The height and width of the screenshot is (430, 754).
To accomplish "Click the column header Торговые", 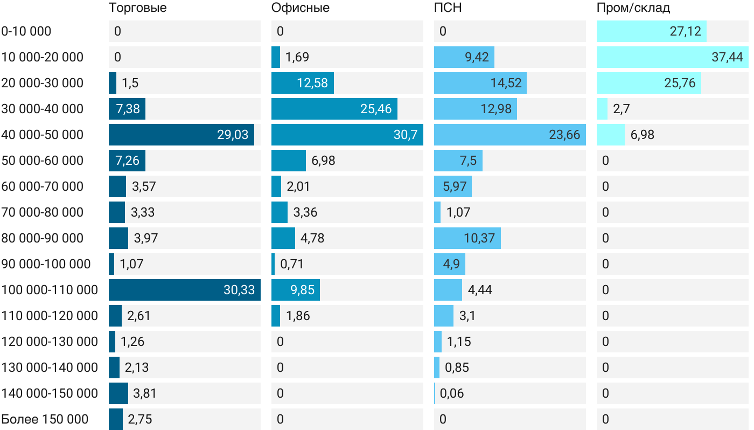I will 137,8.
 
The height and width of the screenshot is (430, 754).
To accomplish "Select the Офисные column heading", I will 300,8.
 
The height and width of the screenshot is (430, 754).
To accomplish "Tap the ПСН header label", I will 448,8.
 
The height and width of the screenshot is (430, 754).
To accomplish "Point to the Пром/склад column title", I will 633,8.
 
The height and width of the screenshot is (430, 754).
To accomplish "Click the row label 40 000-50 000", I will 43,135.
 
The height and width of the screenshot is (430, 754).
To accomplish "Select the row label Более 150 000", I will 45,419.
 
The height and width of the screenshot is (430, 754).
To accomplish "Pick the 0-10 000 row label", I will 26,31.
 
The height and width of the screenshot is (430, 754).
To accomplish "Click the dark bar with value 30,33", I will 184,290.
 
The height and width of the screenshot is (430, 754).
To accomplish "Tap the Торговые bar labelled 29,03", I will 181,135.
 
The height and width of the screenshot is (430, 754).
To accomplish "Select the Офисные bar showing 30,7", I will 347,135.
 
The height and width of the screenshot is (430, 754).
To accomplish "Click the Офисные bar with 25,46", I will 334,109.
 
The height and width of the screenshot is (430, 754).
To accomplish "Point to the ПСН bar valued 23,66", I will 509,135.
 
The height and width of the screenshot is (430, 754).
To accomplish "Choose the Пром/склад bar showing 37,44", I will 672,57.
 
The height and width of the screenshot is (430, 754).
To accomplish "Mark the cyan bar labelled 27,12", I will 651,31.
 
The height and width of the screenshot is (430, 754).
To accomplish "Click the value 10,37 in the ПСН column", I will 479,238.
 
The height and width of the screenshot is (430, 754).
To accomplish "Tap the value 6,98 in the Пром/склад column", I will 642,135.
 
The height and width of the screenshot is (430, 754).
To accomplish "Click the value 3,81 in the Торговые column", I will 144,393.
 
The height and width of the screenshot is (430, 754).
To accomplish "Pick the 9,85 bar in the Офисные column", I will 295,290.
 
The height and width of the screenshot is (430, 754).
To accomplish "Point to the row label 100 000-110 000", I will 50,290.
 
